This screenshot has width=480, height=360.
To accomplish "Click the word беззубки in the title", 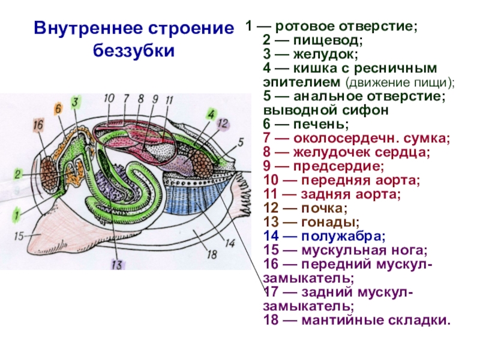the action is pyautogui.click(x=133, y=50).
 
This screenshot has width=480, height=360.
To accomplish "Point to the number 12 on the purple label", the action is pyautogui.click(x=223, y=124).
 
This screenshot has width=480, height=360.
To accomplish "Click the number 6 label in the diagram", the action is pyautogui.click(x=58, y=109).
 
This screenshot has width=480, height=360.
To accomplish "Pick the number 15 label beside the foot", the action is pyautogui.click(x=19, y=236).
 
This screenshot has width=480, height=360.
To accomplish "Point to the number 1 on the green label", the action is pyautogui.click(x=18, y=212).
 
